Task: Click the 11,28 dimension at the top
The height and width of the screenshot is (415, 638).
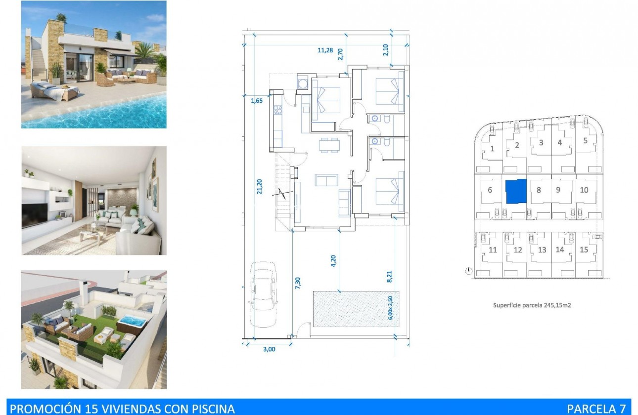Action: (324, 49)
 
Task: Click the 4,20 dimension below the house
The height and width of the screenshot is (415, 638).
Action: (333, 260)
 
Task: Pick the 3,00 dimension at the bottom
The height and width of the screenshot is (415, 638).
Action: (269, 349)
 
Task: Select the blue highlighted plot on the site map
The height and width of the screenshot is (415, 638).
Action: (516, 191)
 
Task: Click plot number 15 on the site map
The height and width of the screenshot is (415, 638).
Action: (584, 249)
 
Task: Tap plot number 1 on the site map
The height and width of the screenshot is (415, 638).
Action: (492, 149)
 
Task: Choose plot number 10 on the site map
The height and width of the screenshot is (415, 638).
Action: (584, 190)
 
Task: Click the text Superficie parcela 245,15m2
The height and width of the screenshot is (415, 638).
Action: (532, 305)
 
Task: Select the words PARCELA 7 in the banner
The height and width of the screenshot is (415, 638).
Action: (596, 409)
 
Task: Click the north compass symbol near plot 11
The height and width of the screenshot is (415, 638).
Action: (469, 271)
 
